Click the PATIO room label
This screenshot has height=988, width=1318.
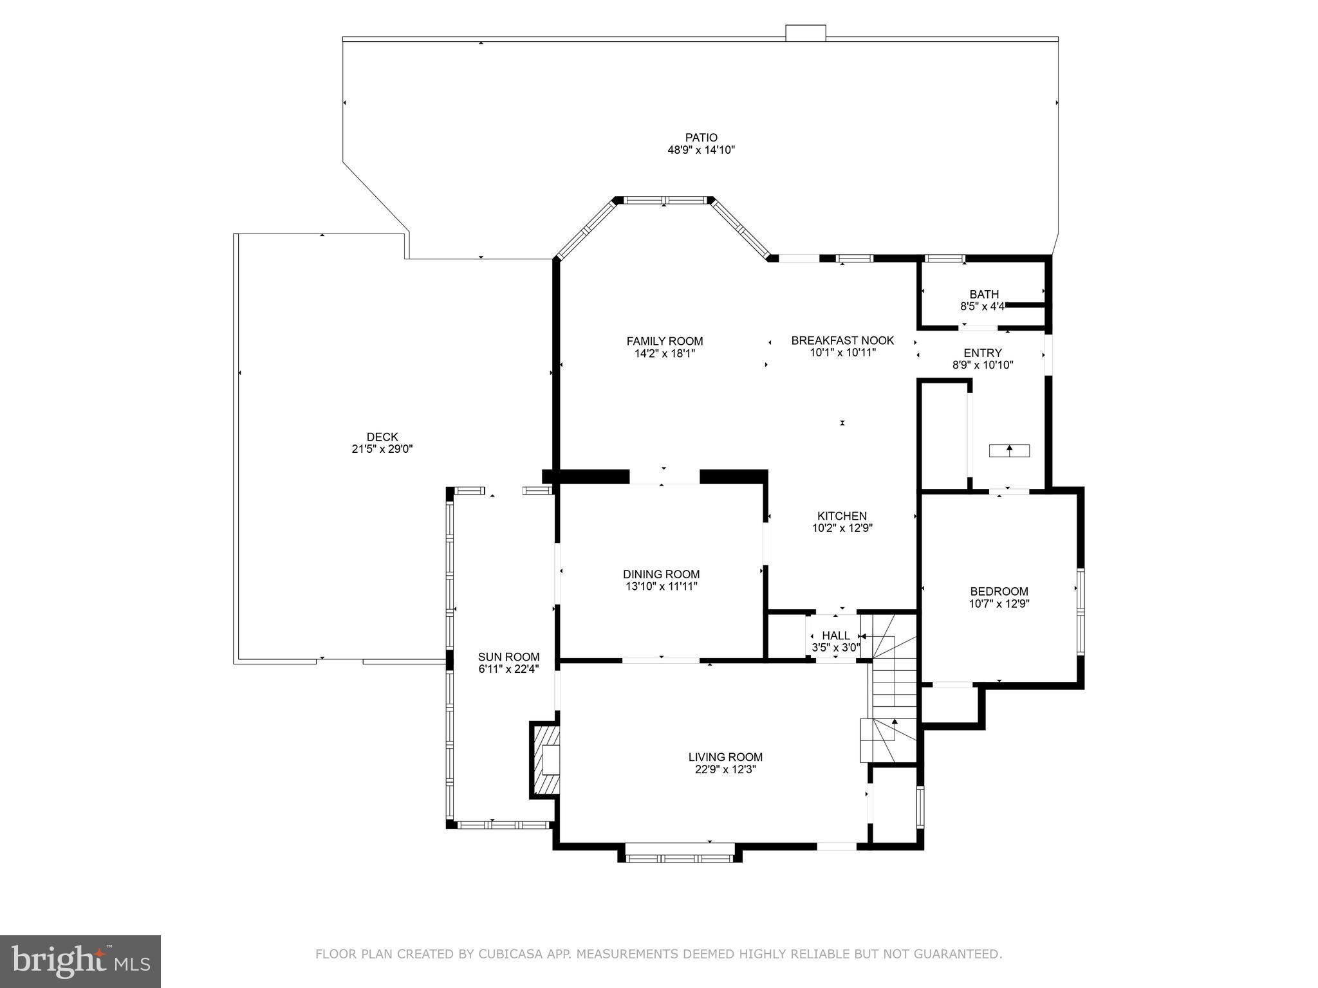click(701, 137)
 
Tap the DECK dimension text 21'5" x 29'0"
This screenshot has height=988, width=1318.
click(382, 450)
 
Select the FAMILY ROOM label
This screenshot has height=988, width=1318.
click(665, 341)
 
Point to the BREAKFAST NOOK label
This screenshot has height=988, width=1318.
click(842, 340)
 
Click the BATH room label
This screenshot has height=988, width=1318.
click(984, 295)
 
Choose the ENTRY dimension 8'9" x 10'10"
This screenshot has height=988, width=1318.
click(983, 365)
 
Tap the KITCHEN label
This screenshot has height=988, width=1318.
click(842, 516)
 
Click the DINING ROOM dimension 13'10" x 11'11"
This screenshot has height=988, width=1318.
click(661, 587)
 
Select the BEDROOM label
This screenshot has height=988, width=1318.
click(999, 591)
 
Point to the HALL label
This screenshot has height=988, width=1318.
click(835, 636)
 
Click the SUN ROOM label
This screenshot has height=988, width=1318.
click(508, 657)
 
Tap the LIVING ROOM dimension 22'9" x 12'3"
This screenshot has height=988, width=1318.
click(725, 770)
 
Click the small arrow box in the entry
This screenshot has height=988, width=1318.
click(1008, 450)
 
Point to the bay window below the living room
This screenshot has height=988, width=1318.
click(680, 857)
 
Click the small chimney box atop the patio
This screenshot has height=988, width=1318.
click(805, 33)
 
